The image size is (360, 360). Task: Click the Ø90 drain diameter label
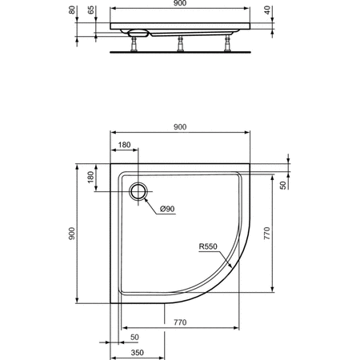point(168,209)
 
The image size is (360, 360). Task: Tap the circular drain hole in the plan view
point(139,190)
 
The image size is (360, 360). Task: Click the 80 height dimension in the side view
point(72,12)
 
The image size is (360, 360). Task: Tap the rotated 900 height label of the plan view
point(72,234)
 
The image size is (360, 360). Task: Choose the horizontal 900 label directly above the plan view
point(179,126)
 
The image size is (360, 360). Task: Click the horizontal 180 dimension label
point(123,145)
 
